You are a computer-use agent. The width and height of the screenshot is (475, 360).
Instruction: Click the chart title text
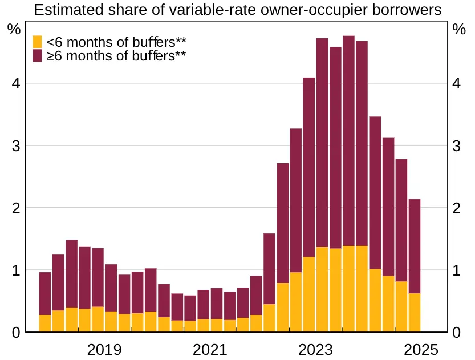[x=237, y=10]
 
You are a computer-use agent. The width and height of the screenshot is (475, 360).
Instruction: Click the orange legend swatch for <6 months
[x=37, y=42]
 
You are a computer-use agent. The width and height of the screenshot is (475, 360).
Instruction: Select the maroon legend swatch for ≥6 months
[x=37, y=56]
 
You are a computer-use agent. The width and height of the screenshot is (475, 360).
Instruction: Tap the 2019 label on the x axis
[x=104, y=350]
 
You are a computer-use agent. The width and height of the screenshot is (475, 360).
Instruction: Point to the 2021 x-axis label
[x=210, y=350]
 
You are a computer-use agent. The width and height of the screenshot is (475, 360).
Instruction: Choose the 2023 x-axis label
[x=315, y=350]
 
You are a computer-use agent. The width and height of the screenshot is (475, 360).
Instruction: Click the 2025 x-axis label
[x=420, y=350]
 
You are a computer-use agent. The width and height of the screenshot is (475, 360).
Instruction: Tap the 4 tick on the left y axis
[x=17, y=84]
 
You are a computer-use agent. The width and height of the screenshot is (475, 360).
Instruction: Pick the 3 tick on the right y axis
[x=456, y=146]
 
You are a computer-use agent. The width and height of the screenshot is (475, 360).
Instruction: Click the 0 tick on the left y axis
[x=17, y=332]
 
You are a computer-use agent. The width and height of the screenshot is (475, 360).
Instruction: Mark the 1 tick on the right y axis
[x=456, y=270]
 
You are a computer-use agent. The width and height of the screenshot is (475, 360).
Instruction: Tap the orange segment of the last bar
[x=415, y=313]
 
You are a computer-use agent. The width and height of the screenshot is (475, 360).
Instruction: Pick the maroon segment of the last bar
[x=415, y=246]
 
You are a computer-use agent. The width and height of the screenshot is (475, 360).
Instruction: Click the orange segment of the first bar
[x=45, y=323]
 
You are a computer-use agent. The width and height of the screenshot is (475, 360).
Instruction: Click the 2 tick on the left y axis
[x=17, y=208]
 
